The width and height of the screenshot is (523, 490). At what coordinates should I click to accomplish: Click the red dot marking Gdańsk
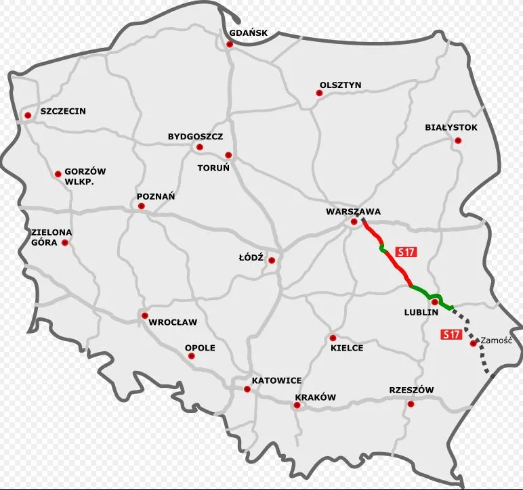pyautogui.click(x=230, y=44)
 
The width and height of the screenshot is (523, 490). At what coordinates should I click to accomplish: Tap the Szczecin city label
pyautogui.click(x=63, y=111)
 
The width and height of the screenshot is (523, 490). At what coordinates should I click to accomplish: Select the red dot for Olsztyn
pyautogui.click(x=319, y=94)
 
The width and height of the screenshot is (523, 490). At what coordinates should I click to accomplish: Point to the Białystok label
pyautogui.click(x=451, y=127)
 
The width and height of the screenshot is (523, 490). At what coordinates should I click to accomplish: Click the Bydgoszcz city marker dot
pyautogui.click(x=199, y=147)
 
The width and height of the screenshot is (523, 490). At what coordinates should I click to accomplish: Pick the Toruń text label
pyautogui.click(x=213, y=166)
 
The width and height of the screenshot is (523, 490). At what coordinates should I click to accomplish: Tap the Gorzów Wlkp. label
pyautogui.click(x=85, y=177)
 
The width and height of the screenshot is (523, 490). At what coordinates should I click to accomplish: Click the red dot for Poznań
pyautogui.click(x=142, y=206)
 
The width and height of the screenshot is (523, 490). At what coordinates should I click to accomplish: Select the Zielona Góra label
pyautogui.click(x=51, y=237)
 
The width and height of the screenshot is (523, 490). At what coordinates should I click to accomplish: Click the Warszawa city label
pyautogui.click(x=353, y=211)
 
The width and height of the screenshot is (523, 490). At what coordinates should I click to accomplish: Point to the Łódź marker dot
pyautogui.click(x=272, y=260)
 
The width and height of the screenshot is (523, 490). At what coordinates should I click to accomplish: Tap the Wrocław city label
pyautogui.click(x=173, y=322)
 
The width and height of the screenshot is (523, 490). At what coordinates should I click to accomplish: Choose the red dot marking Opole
pyautogui.click(x=192, y=356)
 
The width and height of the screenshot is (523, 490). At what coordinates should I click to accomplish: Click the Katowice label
pyautogui.click(x=276, y=380)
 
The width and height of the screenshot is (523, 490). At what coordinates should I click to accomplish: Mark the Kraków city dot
pyautogui.click(x=297, y=405)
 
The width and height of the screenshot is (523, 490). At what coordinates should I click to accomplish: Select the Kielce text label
pyautogui.click(x=347, y=348)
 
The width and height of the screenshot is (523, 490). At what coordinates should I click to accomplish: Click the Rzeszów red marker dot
pyautogui.click(x=410, y=404)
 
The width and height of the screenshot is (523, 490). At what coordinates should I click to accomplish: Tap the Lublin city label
pyautogui.click(x=421, y=313)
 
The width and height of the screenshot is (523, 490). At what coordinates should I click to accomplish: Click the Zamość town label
pyautogui.click(x=498, y=340)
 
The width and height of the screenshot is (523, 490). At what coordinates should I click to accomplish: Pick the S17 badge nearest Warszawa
pyautogui.click(x=406, y=252)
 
